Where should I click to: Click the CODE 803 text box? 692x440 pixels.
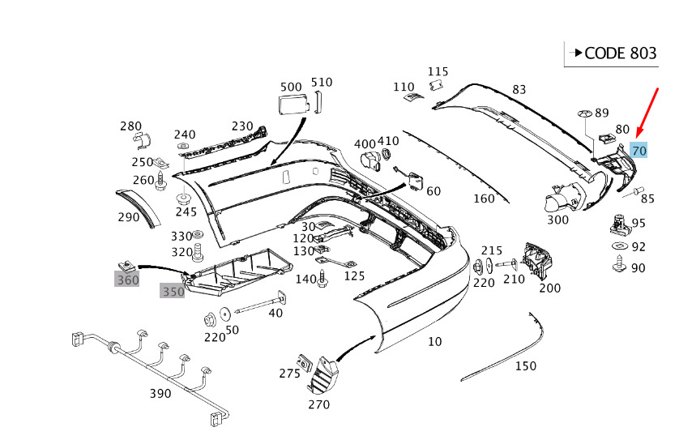point(613,53)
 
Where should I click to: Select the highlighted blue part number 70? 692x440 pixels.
point(639,151)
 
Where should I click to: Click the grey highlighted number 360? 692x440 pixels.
point(127,280)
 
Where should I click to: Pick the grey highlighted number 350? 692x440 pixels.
point(173,292)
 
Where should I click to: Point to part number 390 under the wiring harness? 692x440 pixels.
point(160,394)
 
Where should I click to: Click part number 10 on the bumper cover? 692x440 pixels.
point(435,341)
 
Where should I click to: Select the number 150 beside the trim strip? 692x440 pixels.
point(525,366)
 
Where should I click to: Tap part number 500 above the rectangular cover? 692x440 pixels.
point(290,87)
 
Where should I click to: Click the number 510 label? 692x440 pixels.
point(322,82)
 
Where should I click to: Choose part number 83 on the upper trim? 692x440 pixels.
point(519,89)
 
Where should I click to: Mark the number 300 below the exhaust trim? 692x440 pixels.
point(557,219)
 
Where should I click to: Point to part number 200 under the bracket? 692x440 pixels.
point(549,288)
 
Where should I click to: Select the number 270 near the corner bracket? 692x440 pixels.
point(318,404)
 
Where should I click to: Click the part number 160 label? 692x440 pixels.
point(484,199)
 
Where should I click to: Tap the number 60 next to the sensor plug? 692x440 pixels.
point(434,191)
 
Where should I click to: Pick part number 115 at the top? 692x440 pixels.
point(438,71)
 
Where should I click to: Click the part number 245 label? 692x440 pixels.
point(186,212)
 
